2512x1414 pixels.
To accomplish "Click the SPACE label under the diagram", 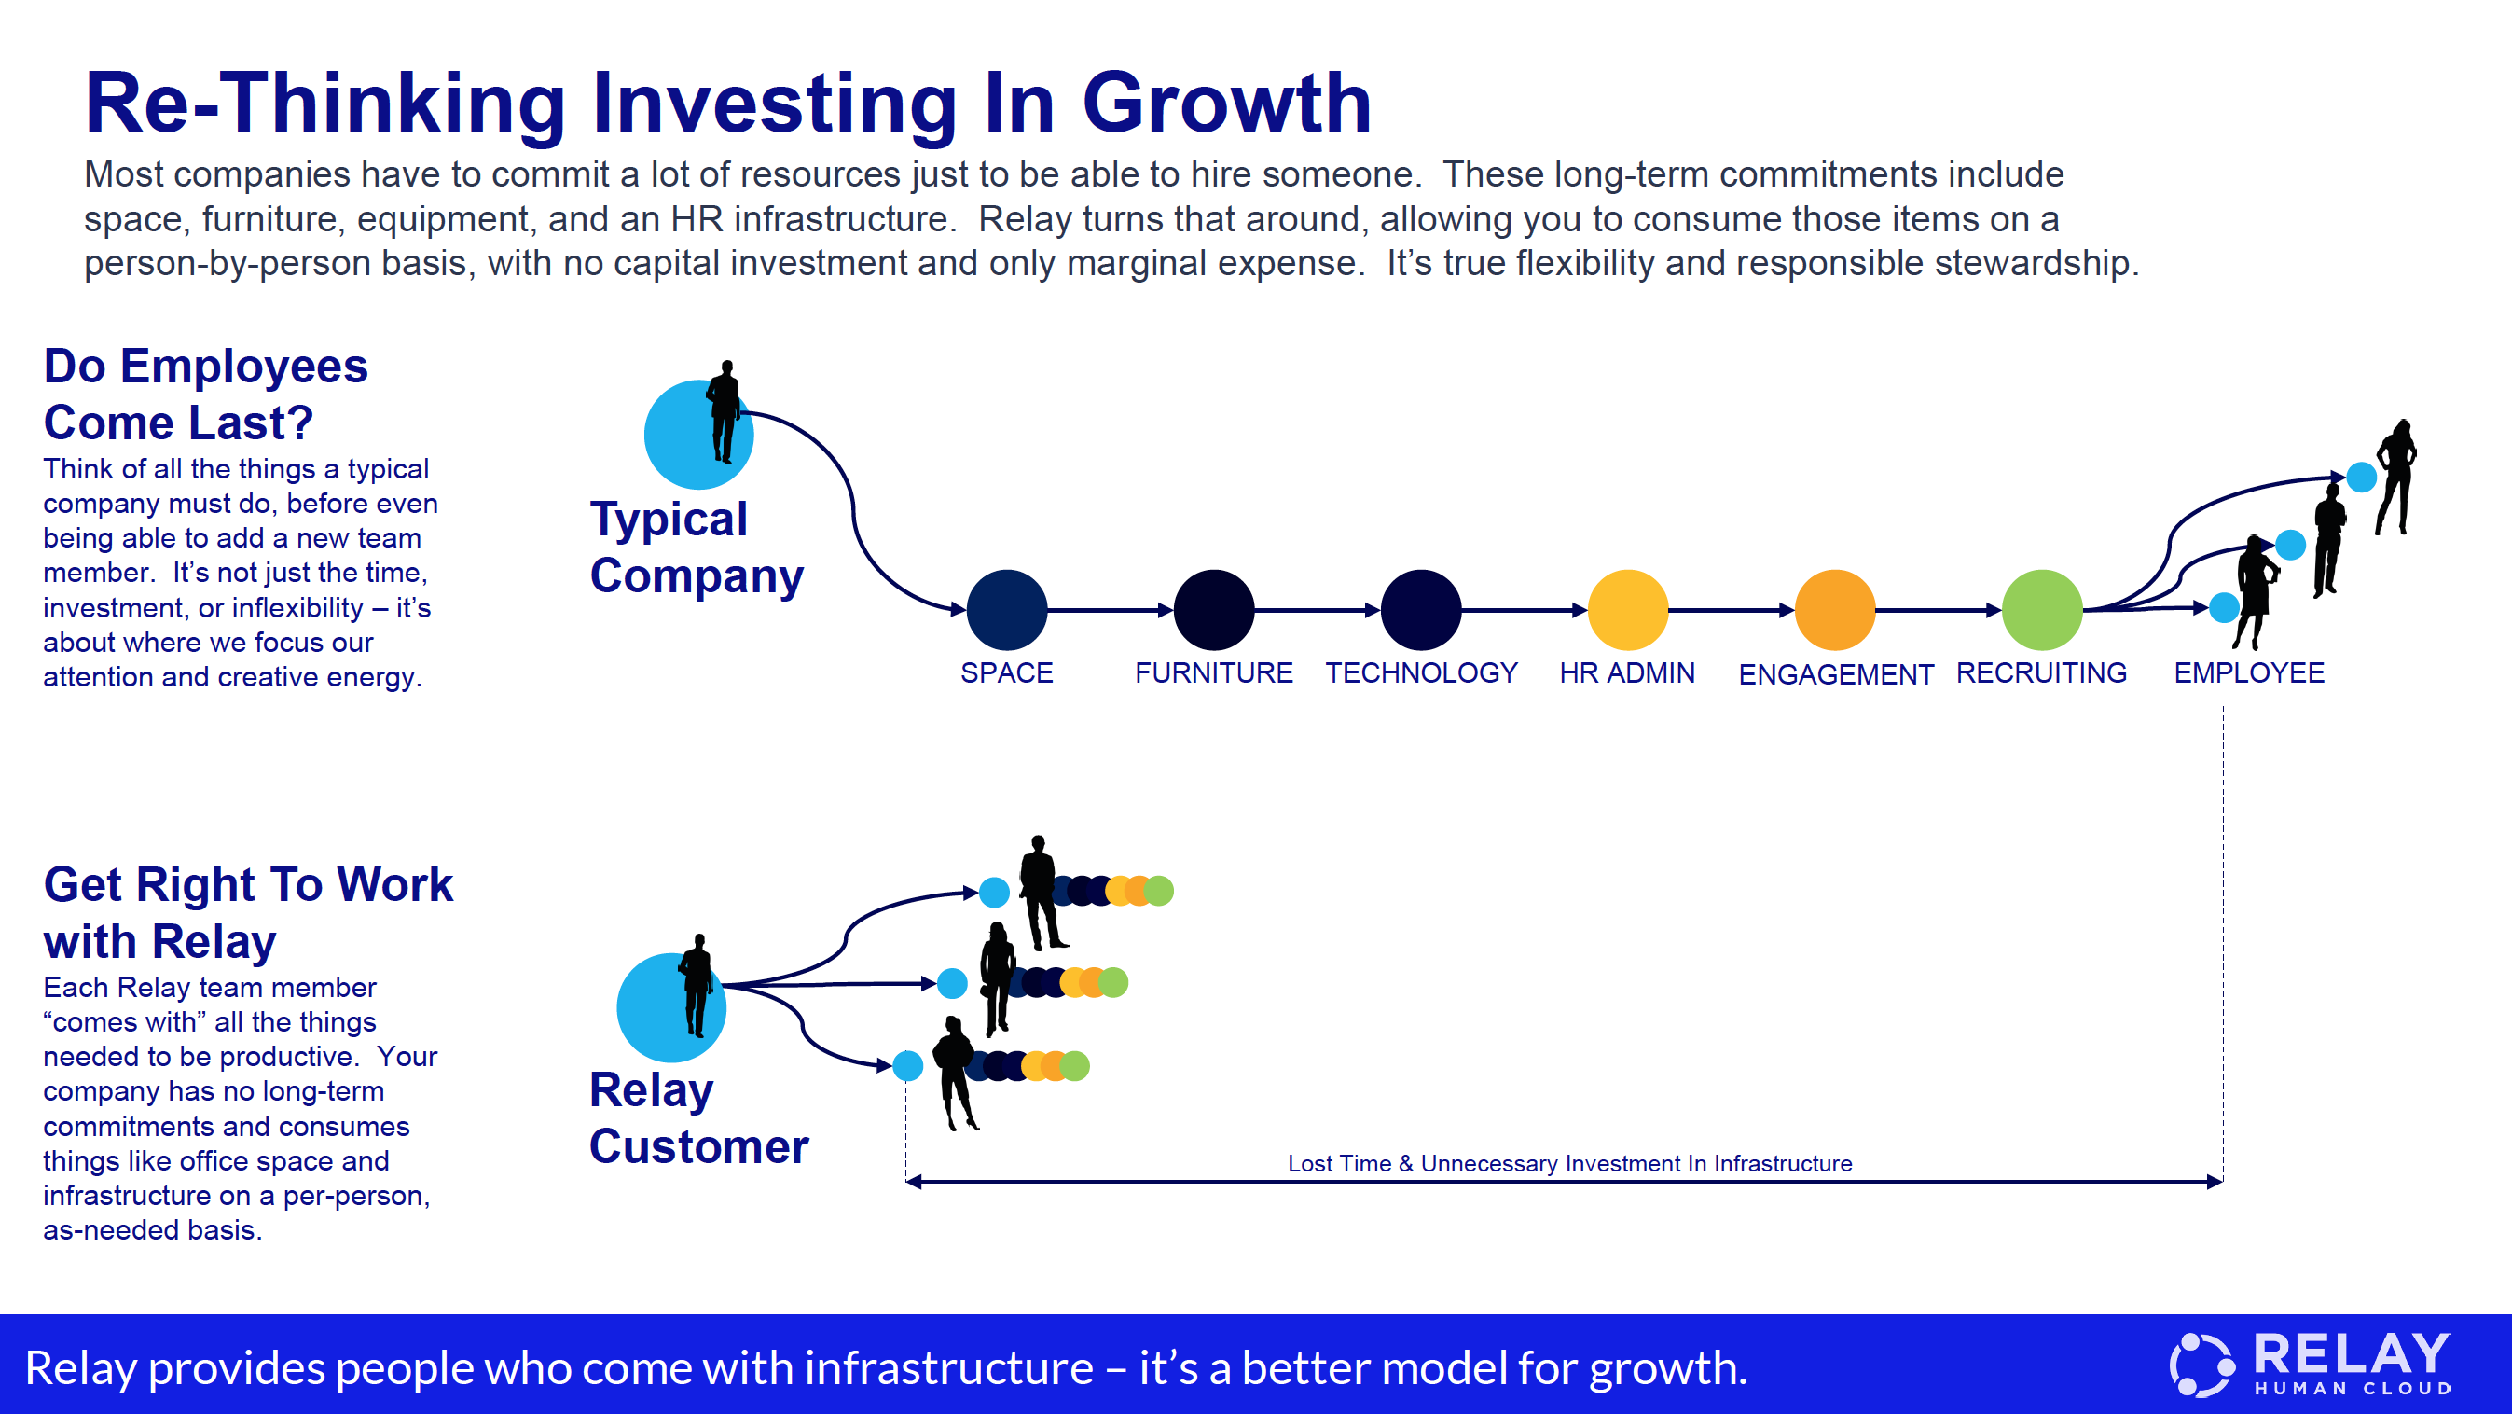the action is tap(1006, 672).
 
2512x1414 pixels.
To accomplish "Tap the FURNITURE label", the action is tap(1214, 672).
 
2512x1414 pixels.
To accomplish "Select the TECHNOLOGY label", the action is tap(1421, 672).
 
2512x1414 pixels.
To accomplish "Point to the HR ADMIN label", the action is tap(1627, 672).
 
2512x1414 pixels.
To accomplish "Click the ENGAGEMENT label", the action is tap(1836, 674).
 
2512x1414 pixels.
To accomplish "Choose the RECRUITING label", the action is tap(2042, 672).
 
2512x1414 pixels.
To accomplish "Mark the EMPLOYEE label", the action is tap(2250, 672).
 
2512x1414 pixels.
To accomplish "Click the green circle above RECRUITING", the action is tap(2042, 610).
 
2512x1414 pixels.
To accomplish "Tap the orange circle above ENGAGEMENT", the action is tap(1835, 610).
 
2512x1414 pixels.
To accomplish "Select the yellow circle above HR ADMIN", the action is tap(1628, 610).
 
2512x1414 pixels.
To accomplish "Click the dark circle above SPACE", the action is tap(1007, 610).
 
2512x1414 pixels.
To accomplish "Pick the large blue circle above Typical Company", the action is tap(698, 435).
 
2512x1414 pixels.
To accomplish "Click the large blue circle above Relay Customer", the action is tap(671, 1007).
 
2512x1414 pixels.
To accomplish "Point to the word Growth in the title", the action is tap(1227, 104).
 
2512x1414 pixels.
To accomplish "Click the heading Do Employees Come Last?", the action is tap(206, 394).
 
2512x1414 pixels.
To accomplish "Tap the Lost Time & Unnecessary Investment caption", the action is tap(1570, 1163).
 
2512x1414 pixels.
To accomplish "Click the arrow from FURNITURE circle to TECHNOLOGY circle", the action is tap(1318, 610).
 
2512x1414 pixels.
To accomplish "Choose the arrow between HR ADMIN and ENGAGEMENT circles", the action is tap(1732, 610).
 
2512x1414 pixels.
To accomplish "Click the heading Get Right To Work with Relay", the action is tap(248, 913).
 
